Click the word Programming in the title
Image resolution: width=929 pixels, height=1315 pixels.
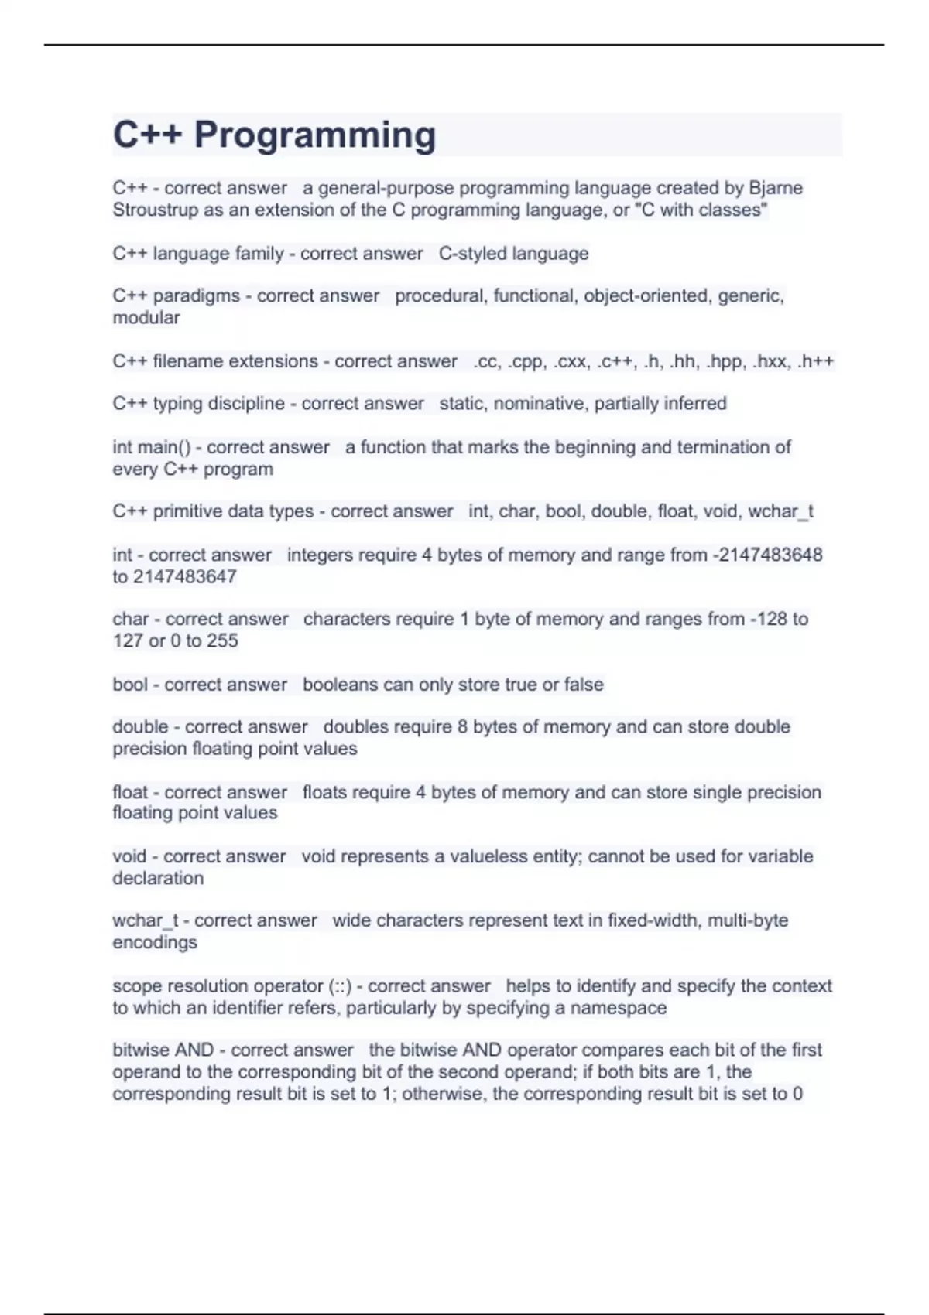pyautogui.click(x=314, y=135)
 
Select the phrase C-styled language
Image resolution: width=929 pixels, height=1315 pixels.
pyautogui.click(x=513, y=254)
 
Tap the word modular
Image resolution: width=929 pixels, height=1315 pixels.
pyautogui.click(x=146, y=318)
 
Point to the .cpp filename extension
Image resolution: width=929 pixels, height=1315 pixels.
pyautogui.click(x=526, y=361)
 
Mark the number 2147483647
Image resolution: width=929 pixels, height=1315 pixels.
pyautogui.click(x=185, y=576)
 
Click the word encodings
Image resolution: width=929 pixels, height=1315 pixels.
pyautogui.click(x=155, y=942)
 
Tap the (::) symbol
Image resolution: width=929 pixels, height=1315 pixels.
pyautogui.click(x=340, y=986)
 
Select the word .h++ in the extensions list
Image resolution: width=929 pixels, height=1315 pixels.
pyautogui.click(x=816, y=361)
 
